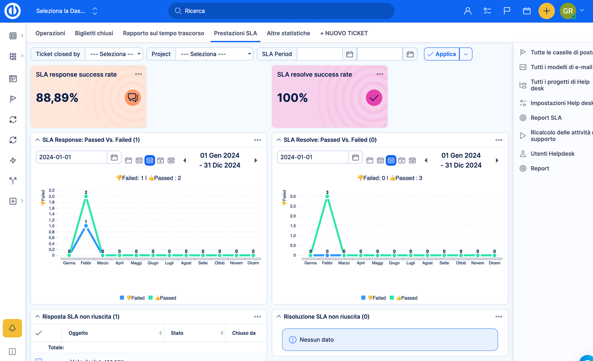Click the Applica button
(x=442, y=54)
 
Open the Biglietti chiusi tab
(x=94, y=33)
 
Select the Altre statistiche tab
(x=288, y=33)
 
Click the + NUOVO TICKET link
(x=344, y=33)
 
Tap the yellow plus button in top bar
(x=546, y=11)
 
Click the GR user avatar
(x=568, y=11)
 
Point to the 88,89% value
(x=57, y=98)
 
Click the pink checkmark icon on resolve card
(x=374, y=98)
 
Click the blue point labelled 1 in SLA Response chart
(x=86, y=226)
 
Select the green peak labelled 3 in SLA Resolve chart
(x=327, y=196)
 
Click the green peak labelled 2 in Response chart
(x=86, y=196)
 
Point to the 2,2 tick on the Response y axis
(x=52, y=190)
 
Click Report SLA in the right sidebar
(x=546, y=118)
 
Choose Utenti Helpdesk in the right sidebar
(x=552, y=153)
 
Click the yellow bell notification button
(x=12, y=328)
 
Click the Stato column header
(x=177, y=333)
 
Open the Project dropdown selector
(x=214, y=54)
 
